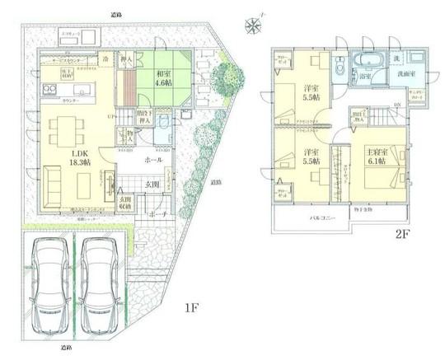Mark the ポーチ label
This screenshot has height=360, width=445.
tap(160, 213)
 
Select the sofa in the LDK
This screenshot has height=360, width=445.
tap(58, 179)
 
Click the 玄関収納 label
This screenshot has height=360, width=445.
tap(126, 203)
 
